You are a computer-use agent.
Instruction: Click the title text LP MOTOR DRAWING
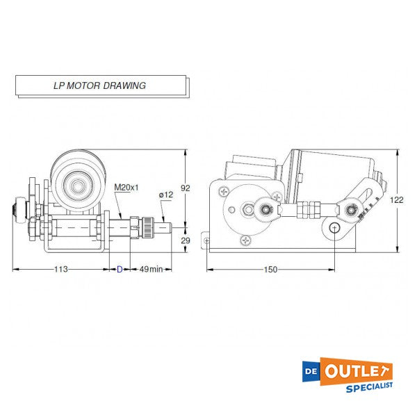[99, 86]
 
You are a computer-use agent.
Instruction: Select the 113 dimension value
[63, 269]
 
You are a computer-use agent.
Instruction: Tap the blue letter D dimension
[119, 269]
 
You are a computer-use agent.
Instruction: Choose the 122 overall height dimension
[396, 199]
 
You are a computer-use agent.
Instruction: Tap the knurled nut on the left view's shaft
[147, 226]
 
